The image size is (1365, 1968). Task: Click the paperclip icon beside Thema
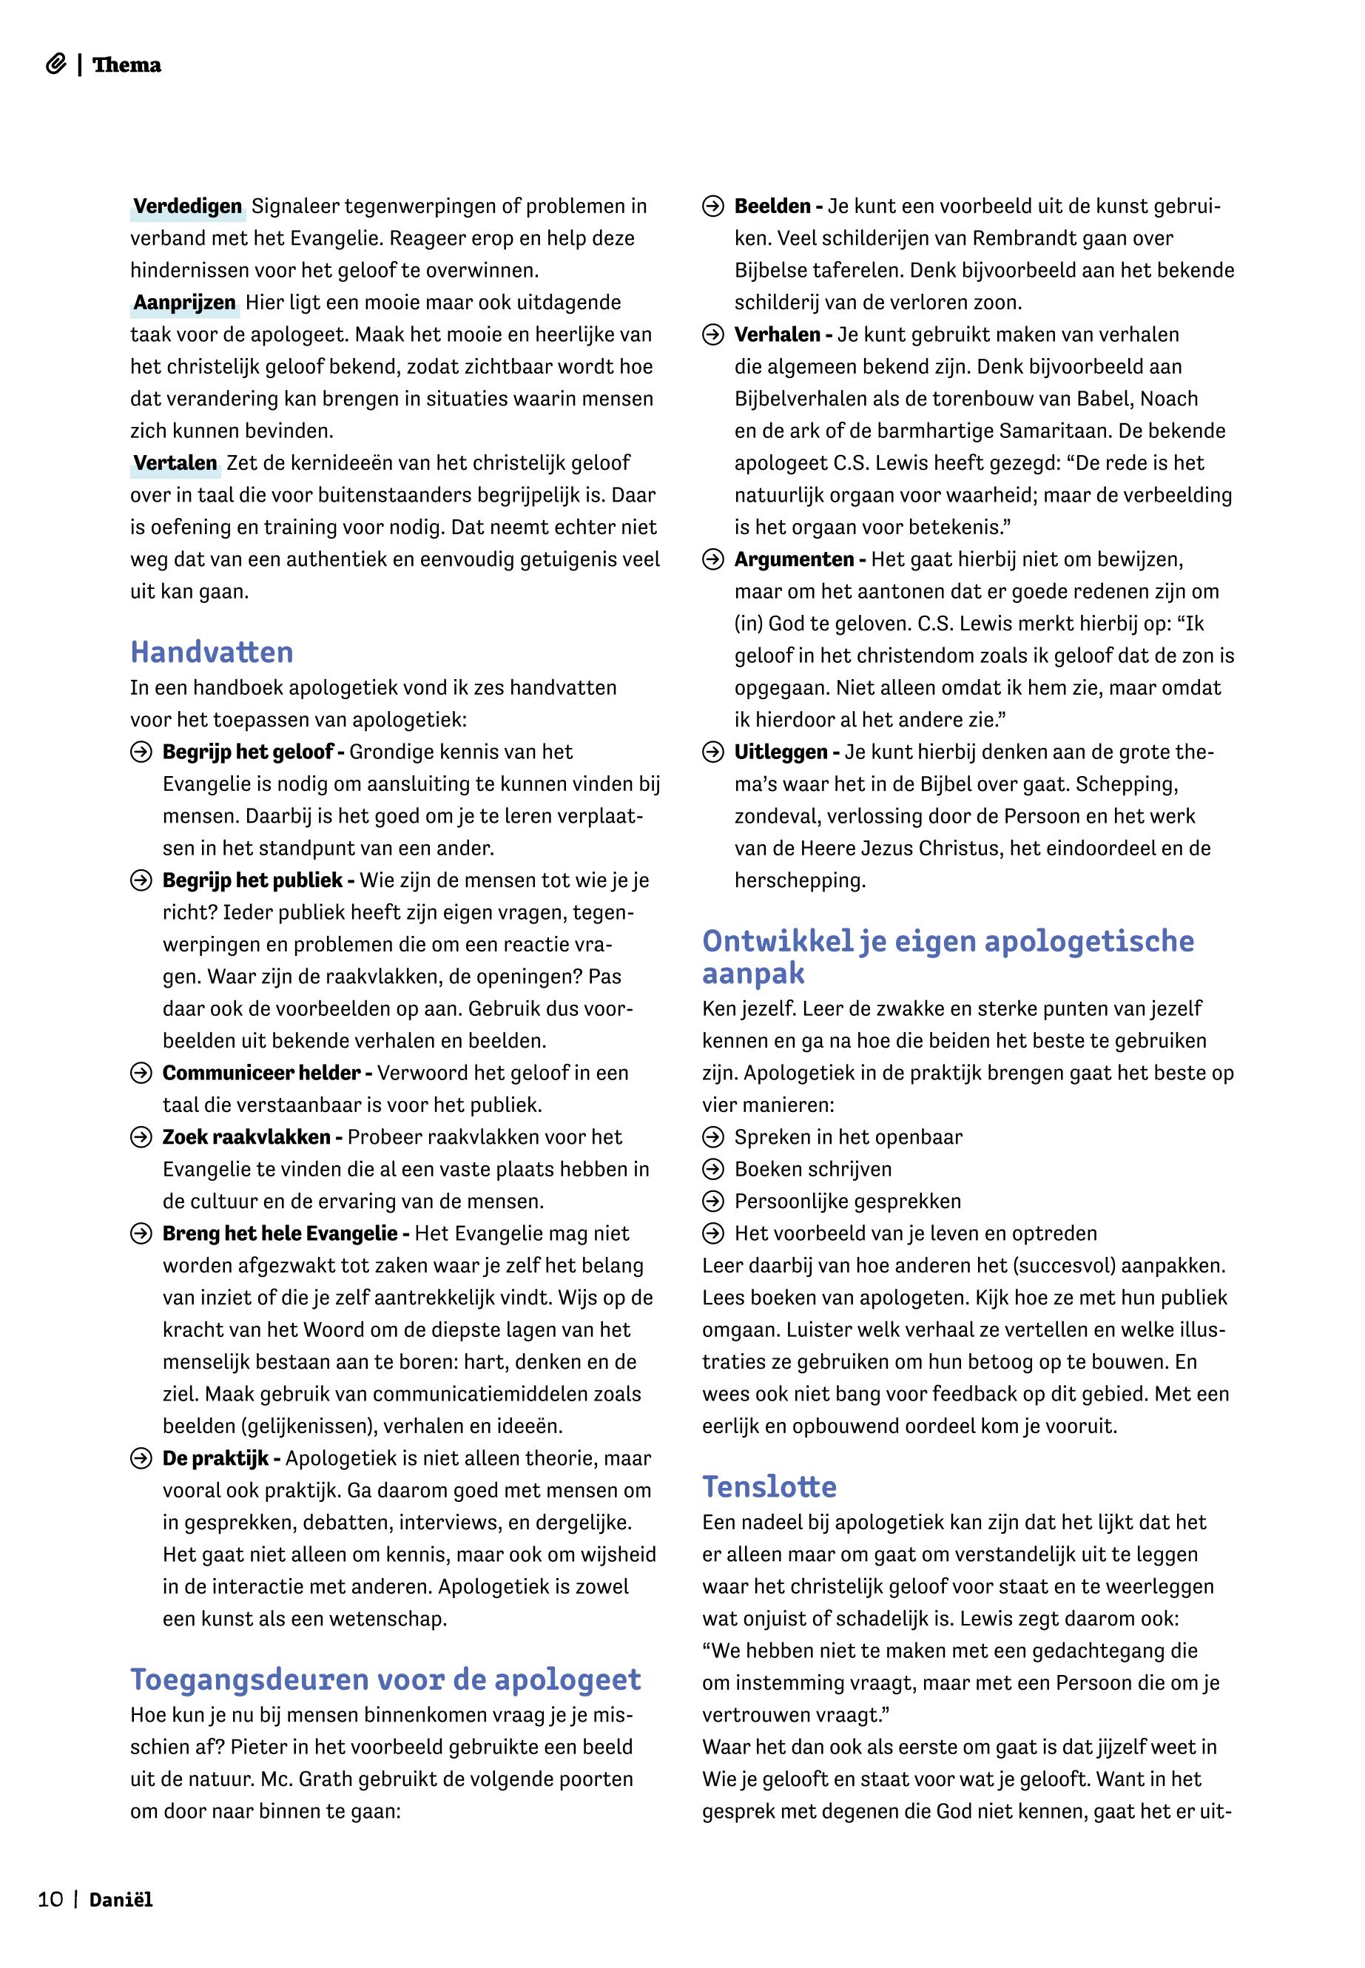55,65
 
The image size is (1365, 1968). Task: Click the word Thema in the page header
127,65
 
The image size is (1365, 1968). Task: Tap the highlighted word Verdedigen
187,206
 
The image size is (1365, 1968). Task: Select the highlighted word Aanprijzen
184,303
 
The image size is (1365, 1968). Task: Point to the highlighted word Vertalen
175,464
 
